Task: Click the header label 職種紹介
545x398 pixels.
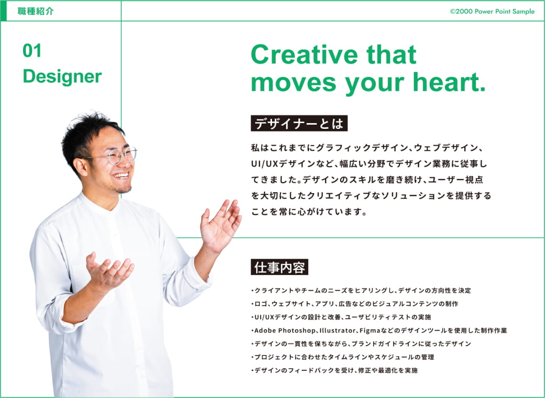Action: click(x=36, y=11)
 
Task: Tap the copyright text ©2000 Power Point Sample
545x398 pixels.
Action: click(x=492, y=12)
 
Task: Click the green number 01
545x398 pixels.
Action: click(x=32, y=51)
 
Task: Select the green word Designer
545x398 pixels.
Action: click(x=62, y=76)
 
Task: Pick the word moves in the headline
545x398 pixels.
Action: click(x=293, y=83)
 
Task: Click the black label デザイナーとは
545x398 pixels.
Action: click(x=299, y=123)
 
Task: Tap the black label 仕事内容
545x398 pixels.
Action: click(x=279, y=267)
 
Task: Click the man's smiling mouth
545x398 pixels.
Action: click(x=122, y=175)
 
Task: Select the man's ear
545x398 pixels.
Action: click(x=81, y=167)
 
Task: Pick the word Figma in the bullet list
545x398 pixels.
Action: click(x=369, y=330)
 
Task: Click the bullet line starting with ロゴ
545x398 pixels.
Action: click(x=355, y=304)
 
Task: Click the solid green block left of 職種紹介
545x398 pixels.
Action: click(x=4, y=11)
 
